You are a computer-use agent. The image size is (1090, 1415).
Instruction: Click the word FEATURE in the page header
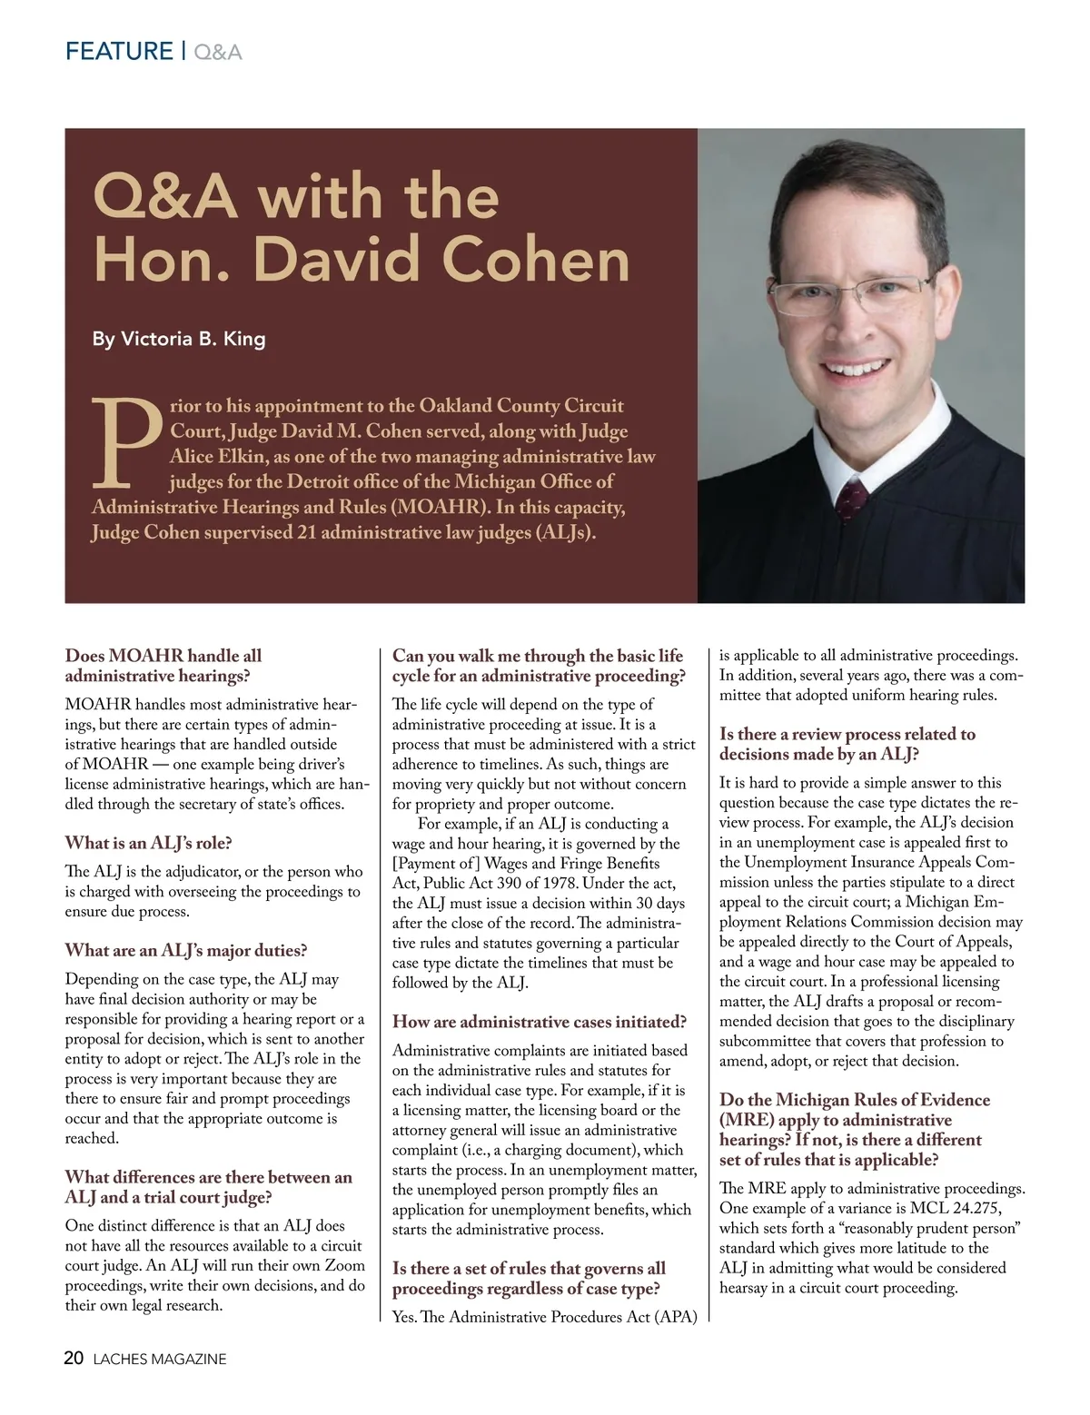coord(119,51)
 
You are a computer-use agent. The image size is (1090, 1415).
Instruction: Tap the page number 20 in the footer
coord(74,1359)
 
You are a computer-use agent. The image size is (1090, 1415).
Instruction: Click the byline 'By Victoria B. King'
coord(179,340)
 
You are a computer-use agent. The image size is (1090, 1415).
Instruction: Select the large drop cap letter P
coord(127,441)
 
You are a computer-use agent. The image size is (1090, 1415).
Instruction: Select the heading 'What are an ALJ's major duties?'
coord(186,951)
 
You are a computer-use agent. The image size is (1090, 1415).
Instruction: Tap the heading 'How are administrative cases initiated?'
coord(540,1022)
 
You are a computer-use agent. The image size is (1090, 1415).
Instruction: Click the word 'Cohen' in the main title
coord(536,260)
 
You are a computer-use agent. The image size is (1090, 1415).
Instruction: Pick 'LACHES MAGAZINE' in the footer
coord(160,1360)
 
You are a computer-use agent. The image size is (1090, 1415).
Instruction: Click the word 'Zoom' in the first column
coord(344,1266)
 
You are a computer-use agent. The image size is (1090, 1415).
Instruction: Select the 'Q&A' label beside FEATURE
coord(218,52)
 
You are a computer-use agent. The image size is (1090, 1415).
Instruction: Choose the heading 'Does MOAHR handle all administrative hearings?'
coord(163,666)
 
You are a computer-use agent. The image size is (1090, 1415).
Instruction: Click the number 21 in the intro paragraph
coord(306,532)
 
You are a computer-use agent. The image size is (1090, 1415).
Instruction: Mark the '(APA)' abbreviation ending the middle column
coord(675,1317)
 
